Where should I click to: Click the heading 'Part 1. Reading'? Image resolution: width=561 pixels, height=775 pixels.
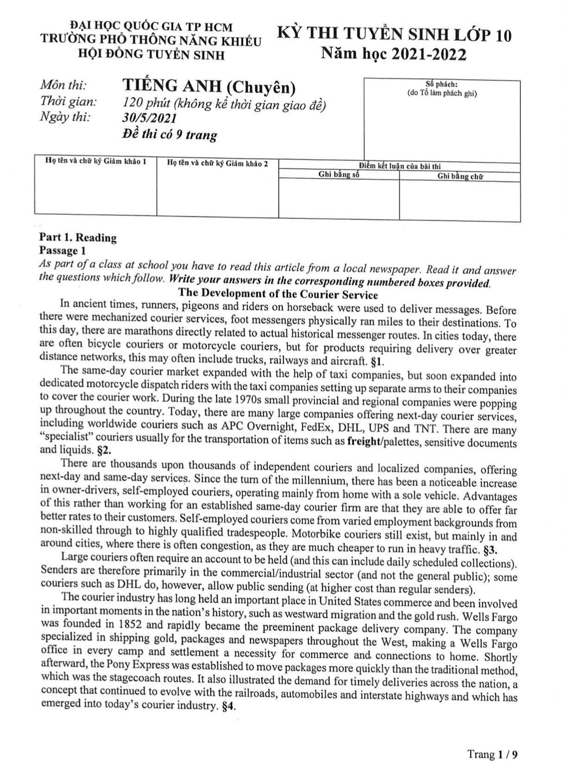click(78, 238)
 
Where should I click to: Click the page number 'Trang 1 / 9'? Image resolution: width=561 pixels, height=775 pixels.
click(492, 755)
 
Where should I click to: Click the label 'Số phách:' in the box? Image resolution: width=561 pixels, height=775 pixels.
click(441, 84)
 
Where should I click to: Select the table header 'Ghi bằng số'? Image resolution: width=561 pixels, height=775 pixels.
click(339, 175)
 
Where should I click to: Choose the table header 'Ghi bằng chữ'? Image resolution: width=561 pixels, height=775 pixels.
click(460, 176)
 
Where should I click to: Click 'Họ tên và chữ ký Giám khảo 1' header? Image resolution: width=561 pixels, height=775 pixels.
click(95, 161)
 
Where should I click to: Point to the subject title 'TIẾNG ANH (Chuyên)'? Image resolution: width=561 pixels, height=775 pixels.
click(209, 87)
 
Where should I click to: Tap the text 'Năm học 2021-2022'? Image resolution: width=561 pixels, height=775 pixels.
click(394, 55)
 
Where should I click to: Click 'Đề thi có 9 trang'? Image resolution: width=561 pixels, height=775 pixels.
click(170, 135)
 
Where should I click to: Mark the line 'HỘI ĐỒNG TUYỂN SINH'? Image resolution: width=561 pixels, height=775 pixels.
click(151, 55)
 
